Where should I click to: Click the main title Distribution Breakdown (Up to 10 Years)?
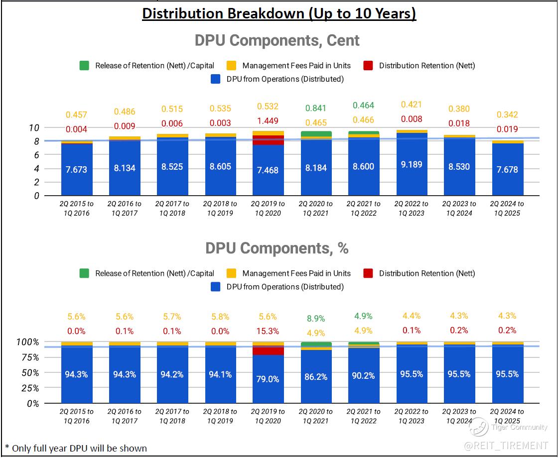(279, 13)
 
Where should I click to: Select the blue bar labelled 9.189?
(412, 165)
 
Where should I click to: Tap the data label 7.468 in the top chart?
(268, 170)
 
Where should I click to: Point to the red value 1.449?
(268, 120)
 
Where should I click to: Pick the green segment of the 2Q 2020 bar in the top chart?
(316, 134)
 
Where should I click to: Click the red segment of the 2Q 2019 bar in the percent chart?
(268, 350)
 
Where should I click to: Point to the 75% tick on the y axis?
(30, 357)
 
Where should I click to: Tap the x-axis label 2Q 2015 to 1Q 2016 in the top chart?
(76, 208)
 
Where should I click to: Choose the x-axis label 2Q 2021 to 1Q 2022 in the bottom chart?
(364, 416)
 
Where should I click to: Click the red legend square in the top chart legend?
(368, 66)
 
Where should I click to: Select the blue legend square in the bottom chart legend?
(216, 287)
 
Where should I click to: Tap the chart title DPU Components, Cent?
(277, 40)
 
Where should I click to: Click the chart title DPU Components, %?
(277, 248)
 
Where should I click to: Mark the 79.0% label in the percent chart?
(268, 379)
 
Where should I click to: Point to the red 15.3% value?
(268, 331)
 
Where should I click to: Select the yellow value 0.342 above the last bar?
(507, 114)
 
